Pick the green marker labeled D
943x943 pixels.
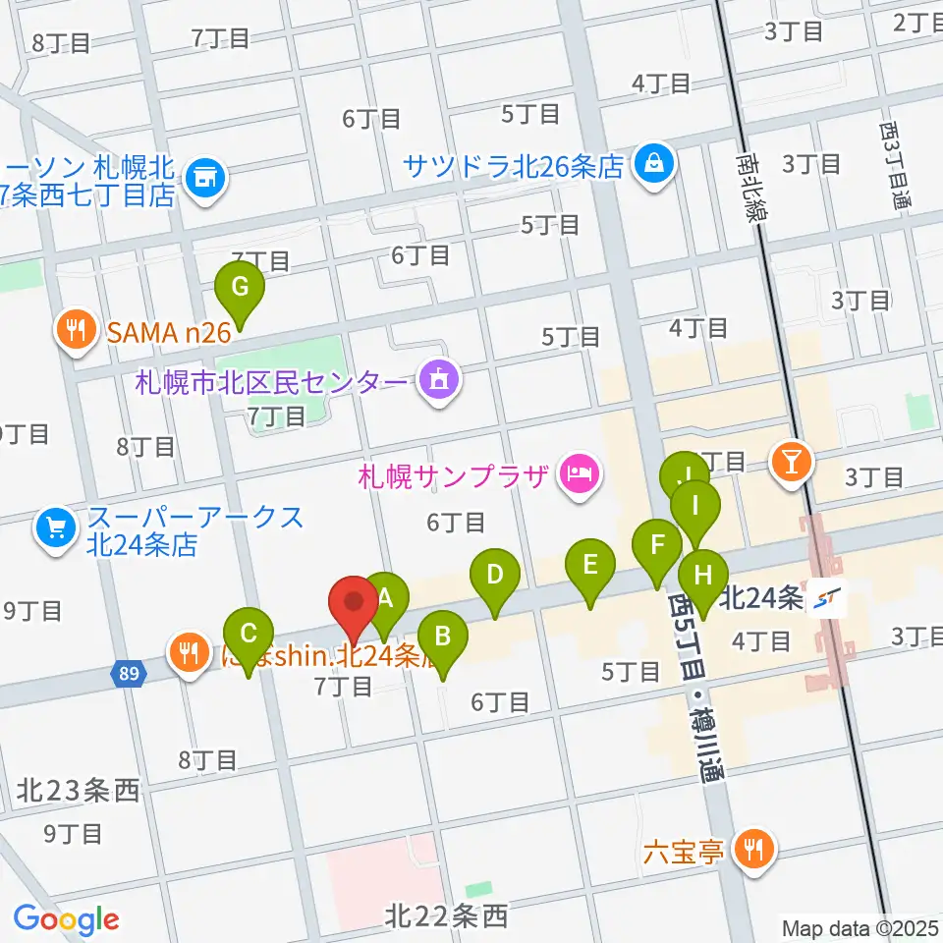(495, 575)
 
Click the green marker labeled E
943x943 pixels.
(589, 566)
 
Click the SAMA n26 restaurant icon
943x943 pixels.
(76, 328)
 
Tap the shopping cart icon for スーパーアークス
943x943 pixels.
(54, 529)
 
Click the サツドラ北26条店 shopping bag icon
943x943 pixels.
(652, 160)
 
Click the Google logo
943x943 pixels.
(66, 919)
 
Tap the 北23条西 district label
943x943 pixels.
(79, 791)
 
